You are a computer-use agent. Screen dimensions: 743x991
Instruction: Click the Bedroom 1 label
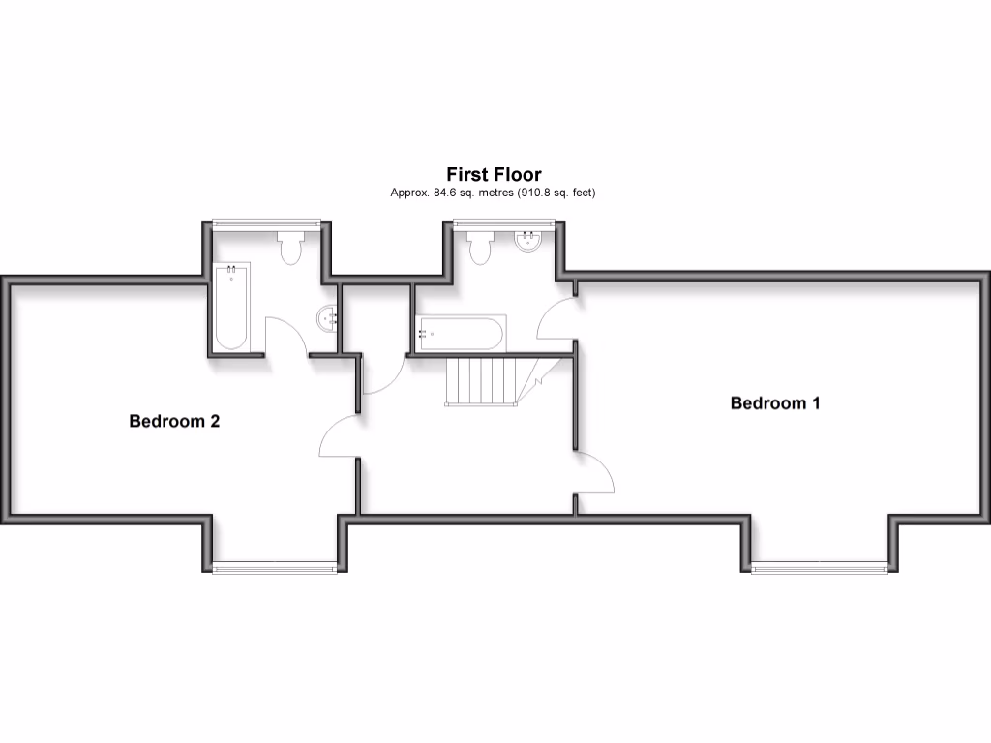tap(774, 403)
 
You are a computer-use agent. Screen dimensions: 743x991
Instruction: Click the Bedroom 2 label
tap(174, 422)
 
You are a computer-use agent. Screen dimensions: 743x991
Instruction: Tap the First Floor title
tap(494, 174)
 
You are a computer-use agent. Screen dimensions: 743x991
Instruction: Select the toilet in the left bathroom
tap(289, 249)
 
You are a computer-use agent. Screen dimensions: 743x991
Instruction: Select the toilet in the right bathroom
tap(480, 249)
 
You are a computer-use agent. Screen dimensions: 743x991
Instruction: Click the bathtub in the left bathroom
tap(232, 307)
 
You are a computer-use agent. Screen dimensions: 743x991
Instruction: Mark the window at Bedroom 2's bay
tap(275, 567)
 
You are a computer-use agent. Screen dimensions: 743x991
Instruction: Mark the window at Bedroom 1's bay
tap(819, 568)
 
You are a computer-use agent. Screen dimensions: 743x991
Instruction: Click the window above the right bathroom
tap(503, 223)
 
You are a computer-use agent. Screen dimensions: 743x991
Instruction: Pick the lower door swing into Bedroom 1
tap(595, 474)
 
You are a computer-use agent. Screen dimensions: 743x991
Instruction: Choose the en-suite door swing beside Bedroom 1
tap(556, 317)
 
